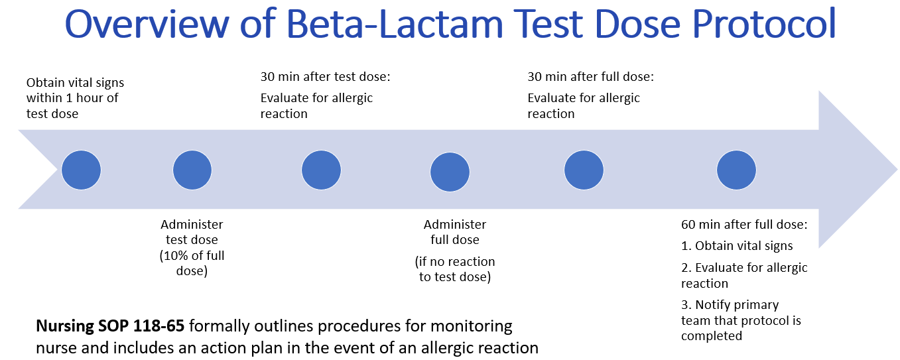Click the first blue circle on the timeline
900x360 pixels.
pyautogui.click(x=81, y=170)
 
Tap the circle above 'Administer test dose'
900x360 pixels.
pyautogui.click(x=192, y=170)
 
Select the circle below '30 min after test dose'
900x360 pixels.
pyautogui.click(x=321, y=170)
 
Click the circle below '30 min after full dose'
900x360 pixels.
pyautogui.click(x=584, y=170)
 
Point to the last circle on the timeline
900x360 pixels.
pyautogui.click(x=736, y=170)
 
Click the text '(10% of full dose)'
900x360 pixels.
pyautogui.click(x=192, y=263)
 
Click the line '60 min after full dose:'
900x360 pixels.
pyautogui.click(x=744, y=225)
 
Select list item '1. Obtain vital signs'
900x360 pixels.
pyautogui.click(x=737, y=246)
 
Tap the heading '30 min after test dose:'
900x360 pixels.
pyautogui.click(x=325, y=77)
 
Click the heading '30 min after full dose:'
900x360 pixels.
pyautogui.click(x=590, y=77)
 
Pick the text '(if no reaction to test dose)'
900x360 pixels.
pyautogui.click(x=455, y=269)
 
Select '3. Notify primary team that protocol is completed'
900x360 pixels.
pyautogui.click(x=741, y=320)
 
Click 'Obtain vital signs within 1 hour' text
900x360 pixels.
pyautogui.click(x=75, y=91)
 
